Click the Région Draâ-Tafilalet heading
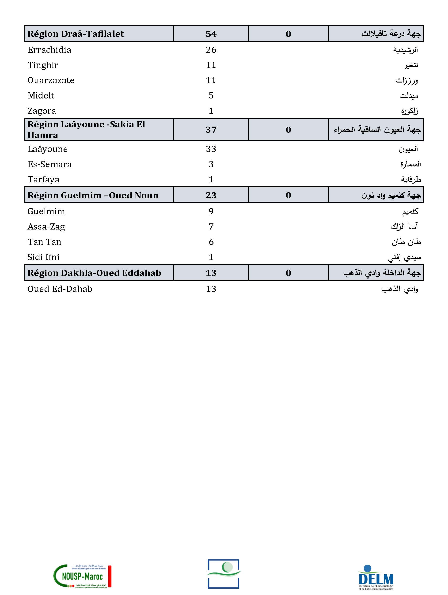(x=76, y=34)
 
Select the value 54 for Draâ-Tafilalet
(x=211, y=34)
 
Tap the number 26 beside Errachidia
(x=211, y=50)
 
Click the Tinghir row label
(x=43, y=65)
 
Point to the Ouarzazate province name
(x=51, y=80)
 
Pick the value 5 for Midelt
(x=211, y=95)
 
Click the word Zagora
(x=42, y=111)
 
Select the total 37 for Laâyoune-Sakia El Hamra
(x=211, y=130)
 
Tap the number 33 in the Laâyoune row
(x=211, y=149)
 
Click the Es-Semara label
(x=49, y=164)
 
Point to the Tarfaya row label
(x=43, y=179)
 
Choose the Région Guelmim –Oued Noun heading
(x=93, y=195)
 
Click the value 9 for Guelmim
(x=211, y=211)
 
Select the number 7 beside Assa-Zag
(x=211, y=226)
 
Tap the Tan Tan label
(x=44, y=242)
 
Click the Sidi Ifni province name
(x=43, y=257)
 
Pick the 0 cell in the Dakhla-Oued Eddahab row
(x=288, y=273)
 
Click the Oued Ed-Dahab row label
(x=60, y=289)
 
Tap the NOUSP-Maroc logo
(x=82, y=576)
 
